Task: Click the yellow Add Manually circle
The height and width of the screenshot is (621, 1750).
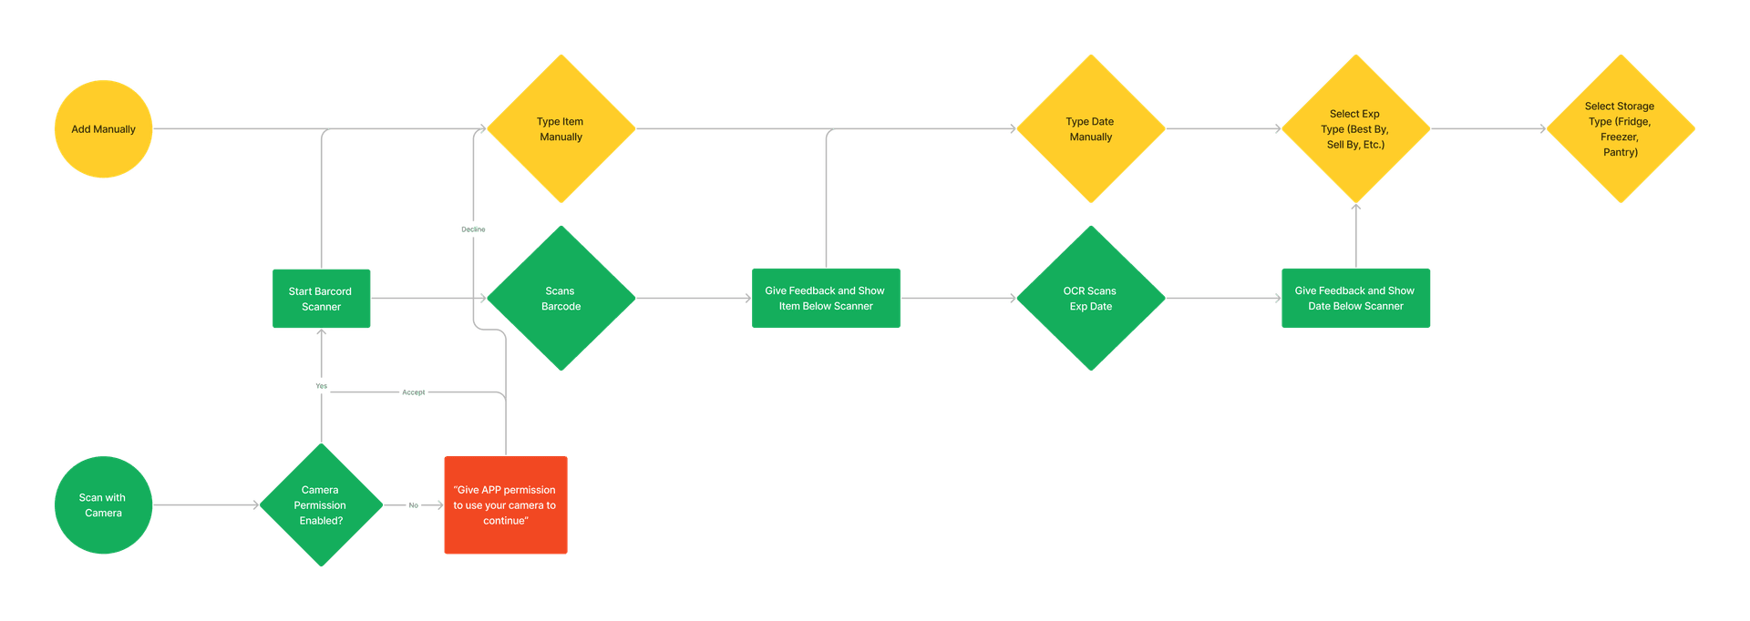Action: pyautogui.click(x=103, y=128)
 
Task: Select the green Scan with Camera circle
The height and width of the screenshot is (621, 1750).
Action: pyautogui.click(x=103, y=504)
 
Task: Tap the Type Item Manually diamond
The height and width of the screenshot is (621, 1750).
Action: pyautogui.click(x=561, y=128)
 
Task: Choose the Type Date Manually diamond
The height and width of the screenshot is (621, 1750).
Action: pyautogui.click(x=1091, y=128)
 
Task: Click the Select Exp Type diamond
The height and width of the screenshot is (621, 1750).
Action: pyautogui.click(x=1356, y=128)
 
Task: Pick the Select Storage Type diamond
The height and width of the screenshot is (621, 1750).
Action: pyautogui.click(x=1621, y=128)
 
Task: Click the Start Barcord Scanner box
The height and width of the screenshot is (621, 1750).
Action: pyautogui.click(x=322, y=299)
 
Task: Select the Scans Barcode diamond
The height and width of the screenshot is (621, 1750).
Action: pyautogui.click(x=561, y=298)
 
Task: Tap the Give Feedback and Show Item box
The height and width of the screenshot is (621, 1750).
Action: pyautogui.click(x=826, y=298)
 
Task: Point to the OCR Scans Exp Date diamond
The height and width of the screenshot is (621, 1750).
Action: pyautogui.click(x=1091, y=298)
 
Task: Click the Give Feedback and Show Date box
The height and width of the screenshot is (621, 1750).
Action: pyautogui.click(x=1355, y=298)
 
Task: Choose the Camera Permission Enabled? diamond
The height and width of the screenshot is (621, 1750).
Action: pyautogui.click(x=322, y=504)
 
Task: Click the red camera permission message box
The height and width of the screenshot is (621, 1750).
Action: pyautogui.click(x=506, y=504)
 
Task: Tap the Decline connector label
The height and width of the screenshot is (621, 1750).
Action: pyautogui.click(x=473, y=229)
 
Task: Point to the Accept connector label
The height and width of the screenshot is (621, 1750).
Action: pyautogui.click(x=414, y=392)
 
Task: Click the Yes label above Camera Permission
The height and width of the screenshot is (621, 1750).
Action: pyautogui.click(x=322, y=386)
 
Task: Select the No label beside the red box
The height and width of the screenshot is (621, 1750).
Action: pyautogui.click(x=414, y=505)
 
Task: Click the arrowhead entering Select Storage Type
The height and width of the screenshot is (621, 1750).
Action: pyautogui.click(x=1542, y=128)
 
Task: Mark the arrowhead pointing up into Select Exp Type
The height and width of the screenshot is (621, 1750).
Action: pyautogui.click(x=1356, y=208)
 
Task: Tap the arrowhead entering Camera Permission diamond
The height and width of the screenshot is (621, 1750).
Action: pyautogui.click(x=256, y=504)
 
